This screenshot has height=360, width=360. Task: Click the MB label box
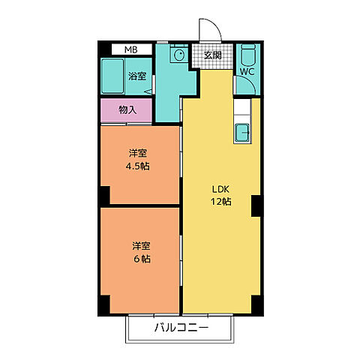(x=130, y=49)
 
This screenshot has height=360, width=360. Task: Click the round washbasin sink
(x=179, y=55)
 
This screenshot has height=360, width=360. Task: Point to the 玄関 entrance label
(x=213, y=55)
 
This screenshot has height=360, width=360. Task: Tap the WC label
(x=247, y=73)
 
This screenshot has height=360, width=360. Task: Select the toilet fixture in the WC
(x=248, y=54)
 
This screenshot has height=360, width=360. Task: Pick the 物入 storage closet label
(x=127, y=109)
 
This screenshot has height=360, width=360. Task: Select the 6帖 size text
(x=142, y=259)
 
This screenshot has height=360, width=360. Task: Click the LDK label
(x=220, y=188)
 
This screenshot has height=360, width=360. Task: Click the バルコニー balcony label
(x=180, y=328)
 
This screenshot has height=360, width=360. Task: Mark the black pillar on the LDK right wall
(x=256, y=205)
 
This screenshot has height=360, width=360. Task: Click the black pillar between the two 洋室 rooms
(x=104, y=195)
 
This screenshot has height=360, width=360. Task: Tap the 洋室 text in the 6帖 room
(x=142, y=245)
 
